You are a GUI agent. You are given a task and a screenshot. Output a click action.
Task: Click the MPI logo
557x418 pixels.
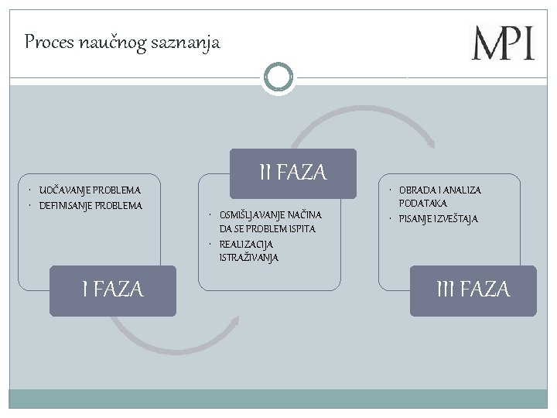click(x=503, y=43)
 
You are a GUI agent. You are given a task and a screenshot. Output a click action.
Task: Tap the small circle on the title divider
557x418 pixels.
click(x=278, y=77)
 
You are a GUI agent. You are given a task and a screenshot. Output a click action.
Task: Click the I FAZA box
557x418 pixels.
click(x=113, y=290)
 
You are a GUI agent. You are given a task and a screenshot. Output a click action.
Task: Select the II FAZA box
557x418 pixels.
click(x=293, y=173)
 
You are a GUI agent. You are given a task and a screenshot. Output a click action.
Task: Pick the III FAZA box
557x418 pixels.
click(x=473, y=290)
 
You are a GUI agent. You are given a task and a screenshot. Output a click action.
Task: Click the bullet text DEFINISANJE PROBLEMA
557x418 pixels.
click(x=91, y=205)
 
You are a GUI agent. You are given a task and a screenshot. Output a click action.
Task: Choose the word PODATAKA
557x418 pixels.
click(x=423, y=203)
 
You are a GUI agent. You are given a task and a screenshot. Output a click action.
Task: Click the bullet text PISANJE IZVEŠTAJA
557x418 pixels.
click(x=438, y=219)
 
